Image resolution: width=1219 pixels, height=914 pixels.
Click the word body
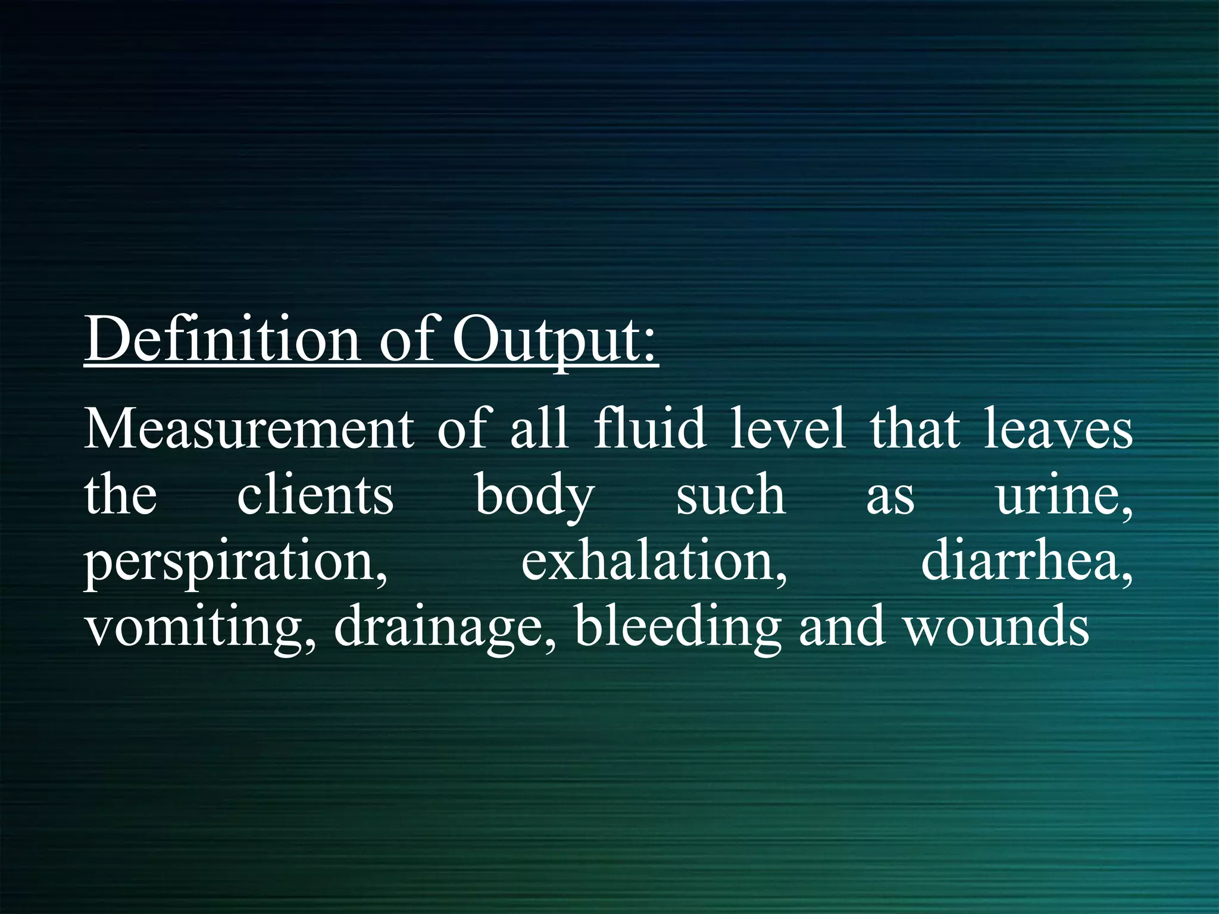[535, 497]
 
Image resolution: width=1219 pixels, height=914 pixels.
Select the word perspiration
[236, 563]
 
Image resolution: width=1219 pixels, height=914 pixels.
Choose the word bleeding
[678, 627]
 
